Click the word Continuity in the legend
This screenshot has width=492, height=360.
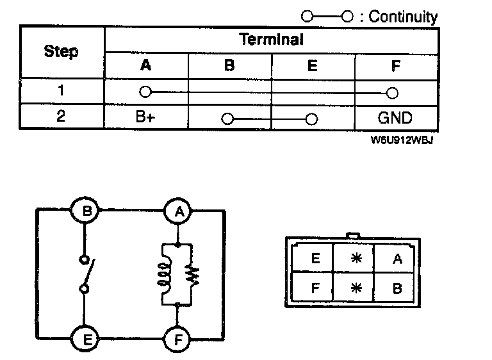click(403, 17)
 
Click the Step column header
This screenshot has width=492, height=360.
click(61, 51)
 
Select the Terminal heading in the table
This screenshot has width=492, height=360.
click(272, 39)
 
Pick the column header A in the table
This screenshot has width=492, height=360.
click(146, 65)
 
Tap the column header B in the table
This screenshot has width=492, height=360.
click(229, 65)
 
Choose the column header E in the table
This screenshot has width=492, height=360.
click(313, 65)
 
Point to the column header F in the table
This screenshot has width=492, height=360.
click(395, 65)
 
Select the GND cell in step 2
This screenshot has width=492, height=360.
click(395, 118)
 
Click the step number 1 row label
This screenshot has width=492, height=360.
click(61, 91)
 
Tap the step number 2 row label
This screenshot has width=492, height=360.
click(61, 118)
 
